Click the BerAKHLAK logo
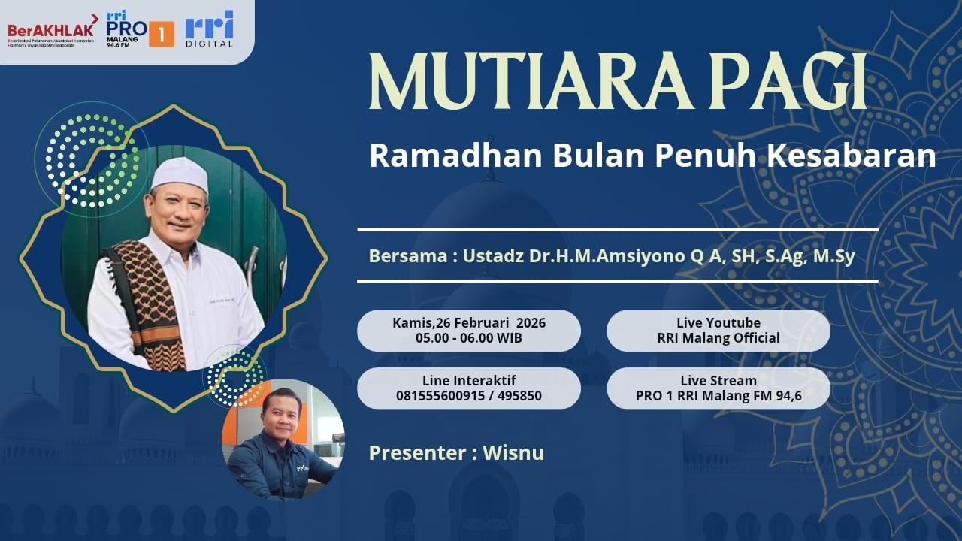(x=52, y=31)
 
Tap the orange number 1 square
(x=162, y=34)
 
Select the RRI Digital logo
(x=210, y=29)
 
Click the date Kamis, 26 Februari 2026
(x=468, y=323)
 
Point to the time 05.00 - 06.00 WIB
(x=468, y=338)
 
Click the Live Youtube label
(x=718, y=323)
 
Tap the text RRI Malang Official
(x=718, y=338)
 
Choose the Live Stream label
(x=718, y=380)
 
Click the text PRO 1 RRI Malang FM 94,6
(x=718, y=395)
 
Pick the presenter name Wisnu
(x=513, y=453)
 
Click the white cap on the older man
(x=179, y=174)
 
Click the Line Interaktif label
(x=468, y=380)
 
